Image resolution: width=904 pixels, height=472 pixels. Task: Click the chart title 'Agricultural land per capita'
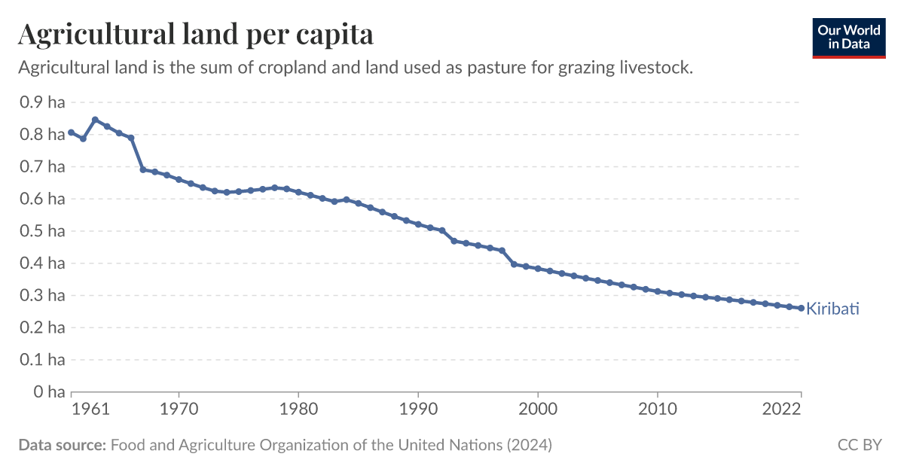(x=195, y=34)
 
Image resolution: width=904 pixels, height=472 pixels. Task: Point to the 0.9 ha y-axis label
(x=42, y=102)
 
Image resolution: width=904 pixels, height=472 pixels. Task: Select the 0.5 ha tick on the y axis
(x=42, y=231)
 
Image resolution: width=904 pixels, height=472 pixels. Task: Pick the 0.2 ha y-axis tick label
(x=42, y=327)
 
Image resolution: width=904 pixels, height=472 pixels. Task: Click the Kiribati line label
(x=833, y=309)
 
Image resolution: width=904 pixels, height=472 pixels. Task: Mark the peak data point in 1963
(x=95, y=120)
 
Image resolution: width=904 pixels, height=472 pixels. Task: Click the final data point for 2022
(x=801, y=308)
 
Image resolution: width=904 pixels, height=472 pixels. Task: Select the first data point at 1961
(x=72, y=132)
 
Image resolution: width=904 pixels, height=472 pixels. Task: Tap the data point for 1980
(x=298, y=192)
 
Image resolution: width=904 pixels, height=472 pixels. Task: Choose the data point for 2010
(x=658, y=291)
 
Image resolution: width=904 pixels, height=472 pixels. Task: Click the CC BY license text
(x=859, y=445)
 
